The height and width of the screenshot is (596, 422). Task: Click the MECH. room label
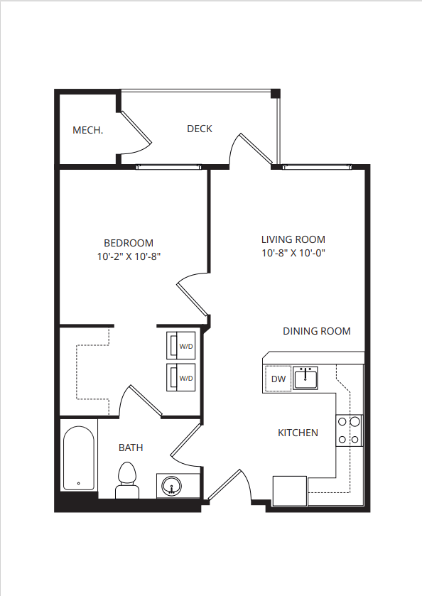click(x=88, y=130)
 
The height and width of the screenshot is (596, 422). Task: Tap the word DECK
click(x=200, y=129)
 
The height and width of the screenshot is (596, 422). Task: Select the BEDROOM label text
click(x=129, y=243)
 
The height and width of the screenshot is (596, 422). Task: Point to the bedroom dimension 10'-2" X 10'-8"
click(x=129, y=256)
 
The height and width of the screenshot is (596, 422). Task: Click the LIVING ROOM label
click(x=293, y=239)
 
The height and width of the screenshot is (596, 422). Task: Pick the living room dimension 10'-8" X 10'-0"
click(x=293, y=253)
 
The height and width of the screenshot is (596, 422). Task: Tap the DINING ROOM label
click(x=316, y=331)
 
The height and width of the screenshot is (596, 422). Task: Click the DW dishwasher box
click(x=278, y=379)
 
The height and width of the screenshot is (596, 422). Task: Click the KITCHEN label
click(x=298, y=433)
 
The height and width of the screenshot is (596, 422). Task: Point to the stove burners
click(x=349, y=430)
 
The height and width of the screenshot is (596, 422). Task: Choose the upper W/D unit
click(x=182, y=346)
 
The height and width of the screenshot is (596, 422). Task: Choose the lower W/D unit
click(x=182, y=378)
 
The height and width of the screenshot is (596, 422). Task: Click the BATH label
click(x=130, y=448)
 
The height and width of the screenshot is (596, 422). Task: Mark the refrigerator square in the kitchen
click(x=290, y=491)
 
